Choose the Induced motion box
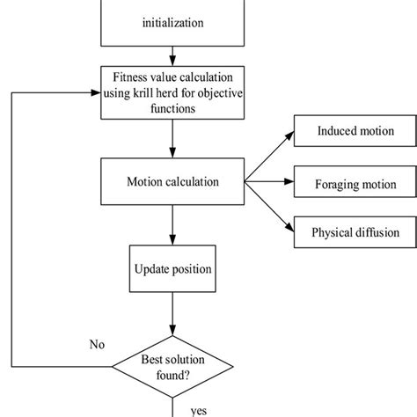(x=355, y=133)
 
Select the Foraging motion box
(x=355, y=185)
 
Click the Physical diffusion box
(x=355, y=233)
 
